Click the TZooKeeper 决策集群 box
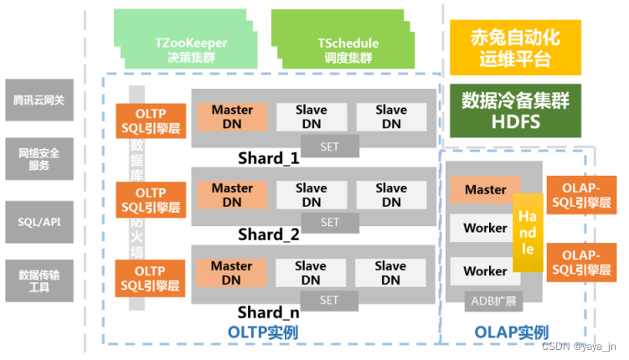[179, 49]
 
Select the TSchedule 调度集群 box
[348, 49]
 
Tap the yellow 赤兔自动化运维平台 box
[515, 48]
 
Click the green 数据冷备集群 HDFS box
[515, 111]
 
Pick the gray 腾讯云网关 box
[39, 100]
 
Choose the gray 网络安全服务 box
[39, 159]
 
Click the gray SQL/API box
[39, 221]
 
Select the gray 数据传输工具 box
[39, 280]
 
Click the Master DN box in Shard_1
[232, 116]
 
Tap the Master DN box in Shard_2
[232, 194]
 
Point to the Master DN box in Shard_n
[232, 273]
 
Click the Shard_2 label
[268, 234]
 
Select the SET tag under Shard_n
[329, 300]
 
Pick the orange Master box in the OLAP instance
[485, 190]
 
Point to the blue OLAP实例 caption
[512, 332]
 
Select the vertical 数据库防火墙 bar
[137, 193]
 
